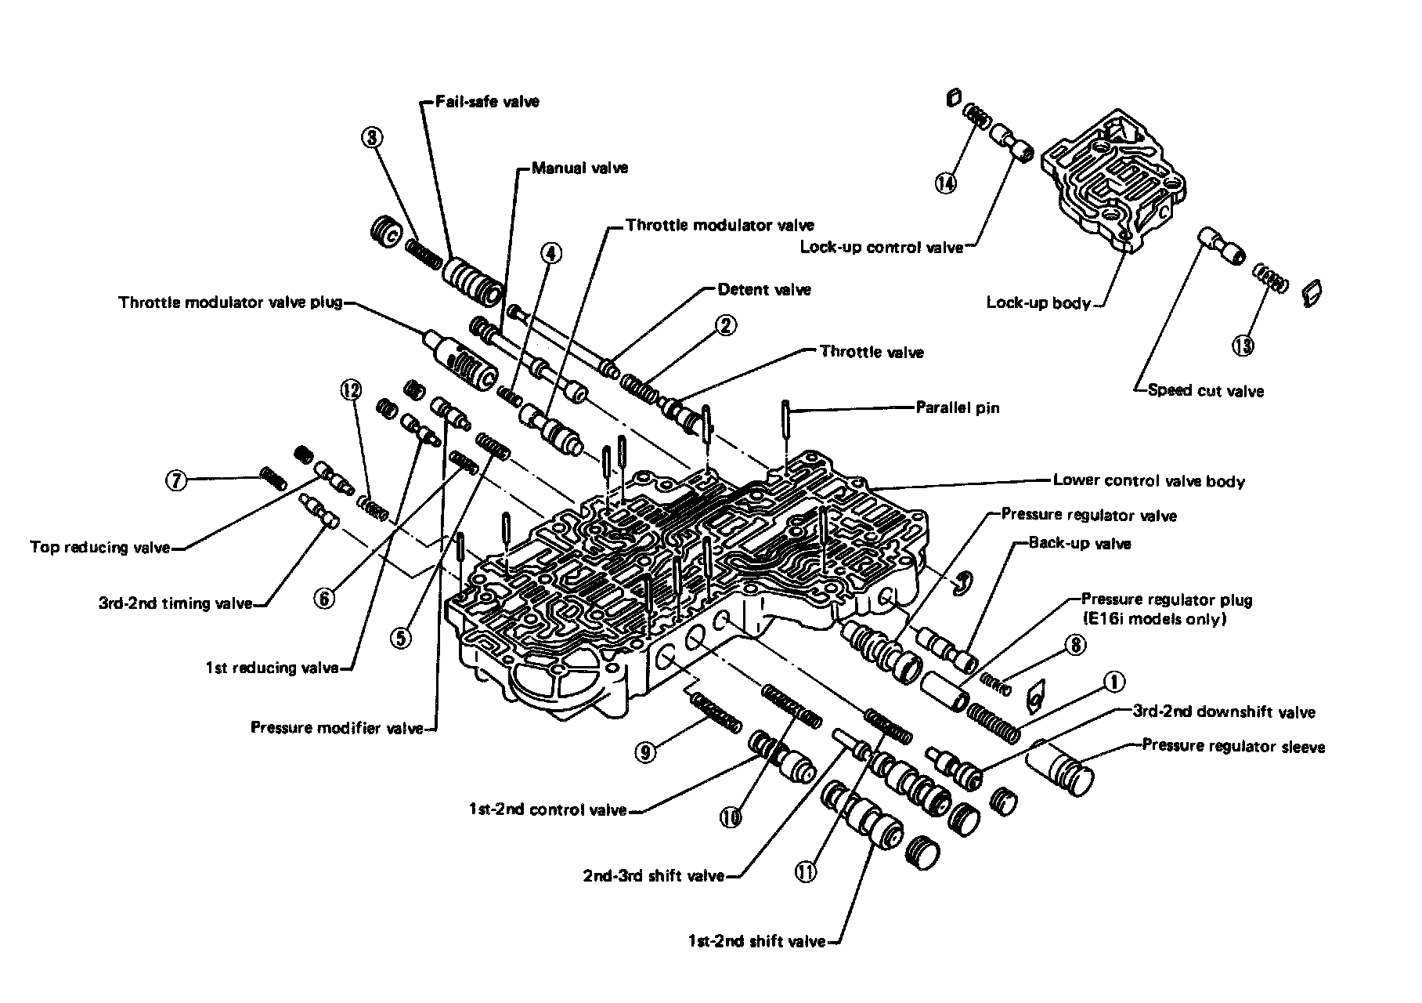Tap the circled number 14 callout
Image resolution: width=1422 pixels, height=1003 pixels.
point(946,183)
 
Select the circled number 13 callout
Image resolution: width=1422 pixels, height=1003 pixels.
point(1243,346)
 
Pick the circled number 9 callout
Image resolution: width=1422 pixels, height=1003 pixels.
point(645,753)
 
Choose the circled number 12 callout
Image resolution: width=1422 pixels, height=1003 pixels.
point(351,388)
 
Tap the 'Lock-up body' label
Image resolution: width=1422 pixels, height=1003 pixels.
point(1038,303)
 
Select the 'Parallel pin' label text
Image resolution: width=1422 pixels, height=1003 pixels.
point(958,407)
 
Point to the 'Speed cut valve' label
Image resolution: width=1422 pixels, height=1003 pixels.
point(1205,390)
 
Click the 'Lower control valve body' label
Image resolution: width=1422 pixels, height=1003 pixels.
point(1148,480)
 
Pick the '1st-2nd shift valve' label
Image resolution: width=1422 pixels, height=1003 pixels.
point(756,941)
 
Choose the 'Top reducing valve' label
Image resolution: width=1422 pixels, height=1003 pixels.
point(99,547)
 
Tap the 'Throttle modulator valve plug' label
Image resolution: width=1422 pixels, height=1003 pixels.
point(230,302)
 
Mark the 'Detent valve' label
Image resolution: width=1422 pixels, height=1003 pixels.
point(764,289)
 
